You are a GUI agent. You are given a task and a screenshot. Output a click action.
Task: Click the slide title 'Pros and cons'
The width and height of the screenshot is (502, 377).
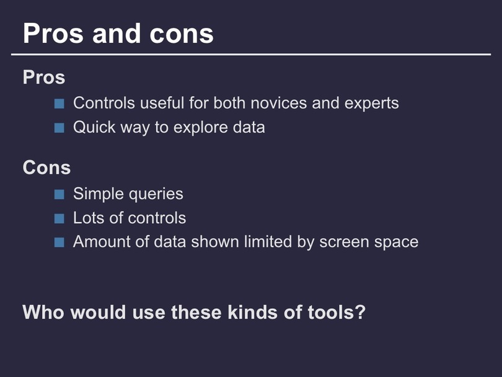pyautogui.click(x=118, y=33)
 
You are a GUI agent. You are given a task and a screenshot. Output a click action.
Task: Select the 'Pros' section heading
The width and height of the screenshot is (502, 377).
pyautogui.click(x=44, y=77)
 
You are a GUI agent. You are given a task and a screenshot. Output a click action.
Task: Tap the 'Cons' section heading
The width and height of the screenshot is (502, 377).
pyautogui.click(x=46, y=167)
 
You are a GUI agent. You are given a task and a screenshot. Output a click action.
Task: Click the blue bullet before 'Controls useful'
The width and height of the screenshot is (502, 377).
pyautogui.click(x=59, y=104)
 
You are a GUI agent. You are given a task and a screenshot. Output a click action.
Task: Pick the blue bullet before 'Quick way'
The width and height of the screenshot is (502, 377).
pyautogui.click(x=59, y=128)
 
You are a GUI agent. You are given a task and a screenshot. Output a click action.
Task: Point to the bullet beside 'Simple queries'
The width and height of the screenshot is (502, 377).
pyautogui.click(x=59, y=195)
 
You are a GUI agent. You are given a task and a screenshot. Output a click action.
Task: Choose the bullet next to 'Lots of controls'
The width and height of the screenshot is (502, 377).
pyautogui.click(x=59, y=218)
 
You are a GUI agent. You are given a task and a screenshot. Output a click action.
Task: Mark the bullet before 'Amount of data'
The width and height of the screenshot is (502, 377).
pyautogui.click(x=59, y=242)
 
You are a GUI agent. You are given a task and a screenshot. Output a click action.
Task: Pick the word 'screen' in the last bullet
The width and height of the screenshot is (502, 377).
pyautogui.click(x=344, y=242)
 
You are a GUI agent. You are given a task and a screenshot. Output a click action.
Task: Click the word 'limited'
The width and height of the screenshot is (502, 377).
pyautogui.click(x=268, y=241)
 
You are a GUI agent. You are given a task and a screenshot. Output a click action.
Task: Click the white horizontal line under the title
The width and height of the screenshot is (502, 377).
pyautogui.click(x=251, y=55)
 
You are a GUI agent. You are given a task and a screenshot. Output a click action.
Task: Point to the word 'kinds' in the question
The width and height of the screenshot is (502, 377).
pyautogui.click(x=253, y=312)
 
